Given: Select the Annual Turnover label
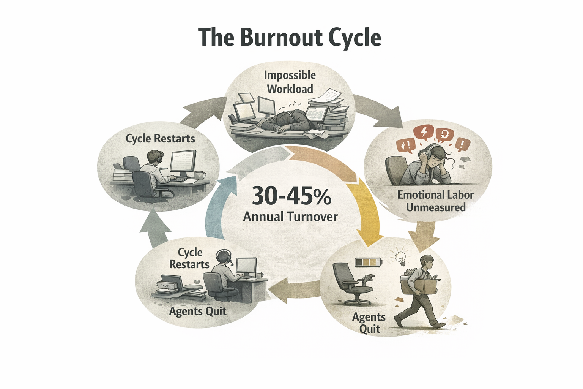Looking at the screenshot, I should pos(290,217).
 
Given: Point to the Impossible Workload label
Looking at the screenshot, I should pos(290,82).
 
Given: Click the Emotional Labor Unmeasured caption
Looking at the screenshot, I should pos(435,201).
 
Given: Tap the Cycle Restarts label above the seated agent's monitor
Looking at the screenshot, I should pos(160,138).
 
